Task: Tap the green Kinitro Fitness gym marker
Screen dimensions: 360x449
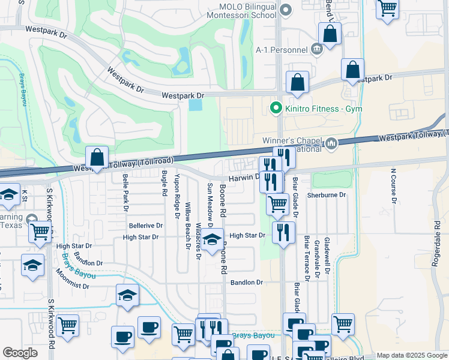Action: pyautogui.click(x=276, y=109)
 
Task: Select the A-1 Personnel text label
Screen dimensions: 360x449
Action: pyautogui.click(x=281, y=50)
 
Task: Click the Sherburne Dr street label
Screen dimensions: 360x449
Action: pyautogui.click(x=327, y=195)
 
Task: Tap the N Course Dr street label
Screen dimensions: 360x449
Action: pyautogui.click(x=394, y=188)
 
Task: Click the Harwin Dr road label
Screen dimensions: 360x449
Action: pyautogui.click(x=243, y=178)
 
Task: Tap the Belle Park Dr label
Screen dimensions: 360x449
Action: pyautogui.click(x=125, y=193)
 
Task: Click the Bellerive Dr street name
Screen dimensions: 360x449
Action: pyautogui.click(x=146, y=226)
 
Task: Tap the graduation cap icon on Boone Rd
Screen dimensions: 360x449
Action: pyautogui.click(x=211, y=241)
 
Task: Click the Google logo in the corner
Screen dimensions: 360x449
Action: pyautogui.click(x=20, y=353)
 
